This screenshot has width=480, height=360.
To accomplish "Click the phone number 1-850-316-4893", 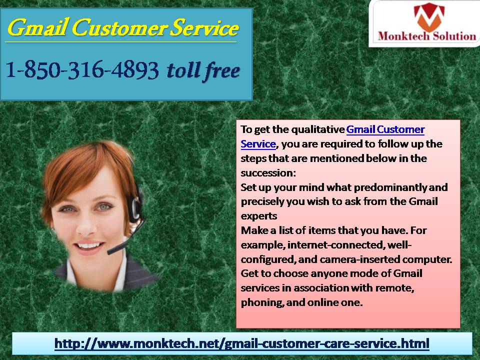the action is pos(82,70).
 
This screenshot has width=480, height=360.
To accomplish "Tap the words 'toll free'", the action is pos(203,71).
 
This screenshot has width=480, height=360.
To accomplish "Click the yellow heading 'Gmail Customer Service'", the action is pos(123,27).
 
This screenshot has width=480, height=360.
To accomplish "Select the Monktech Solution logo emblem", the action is pos(428,15).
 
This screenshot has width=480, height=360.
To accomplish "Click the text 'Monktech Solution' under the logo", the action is pos(426,36).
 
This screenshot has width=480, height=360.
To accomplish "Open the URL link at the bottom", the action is pos(242,343).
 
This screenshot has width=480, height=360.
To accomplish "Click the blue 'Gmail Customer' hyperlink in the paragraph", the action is pos(385,129).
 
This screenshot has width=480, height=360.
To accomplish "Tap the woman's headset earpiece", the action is pos(134,207).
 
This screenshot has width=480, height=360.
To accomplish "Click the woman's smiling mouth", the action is pos(89,246).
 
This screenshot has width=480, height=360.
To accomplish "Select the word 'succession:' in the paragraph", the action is pos(268,173).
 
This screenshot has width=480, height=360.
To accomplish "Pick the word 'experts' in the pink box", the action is pos(258,216).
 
